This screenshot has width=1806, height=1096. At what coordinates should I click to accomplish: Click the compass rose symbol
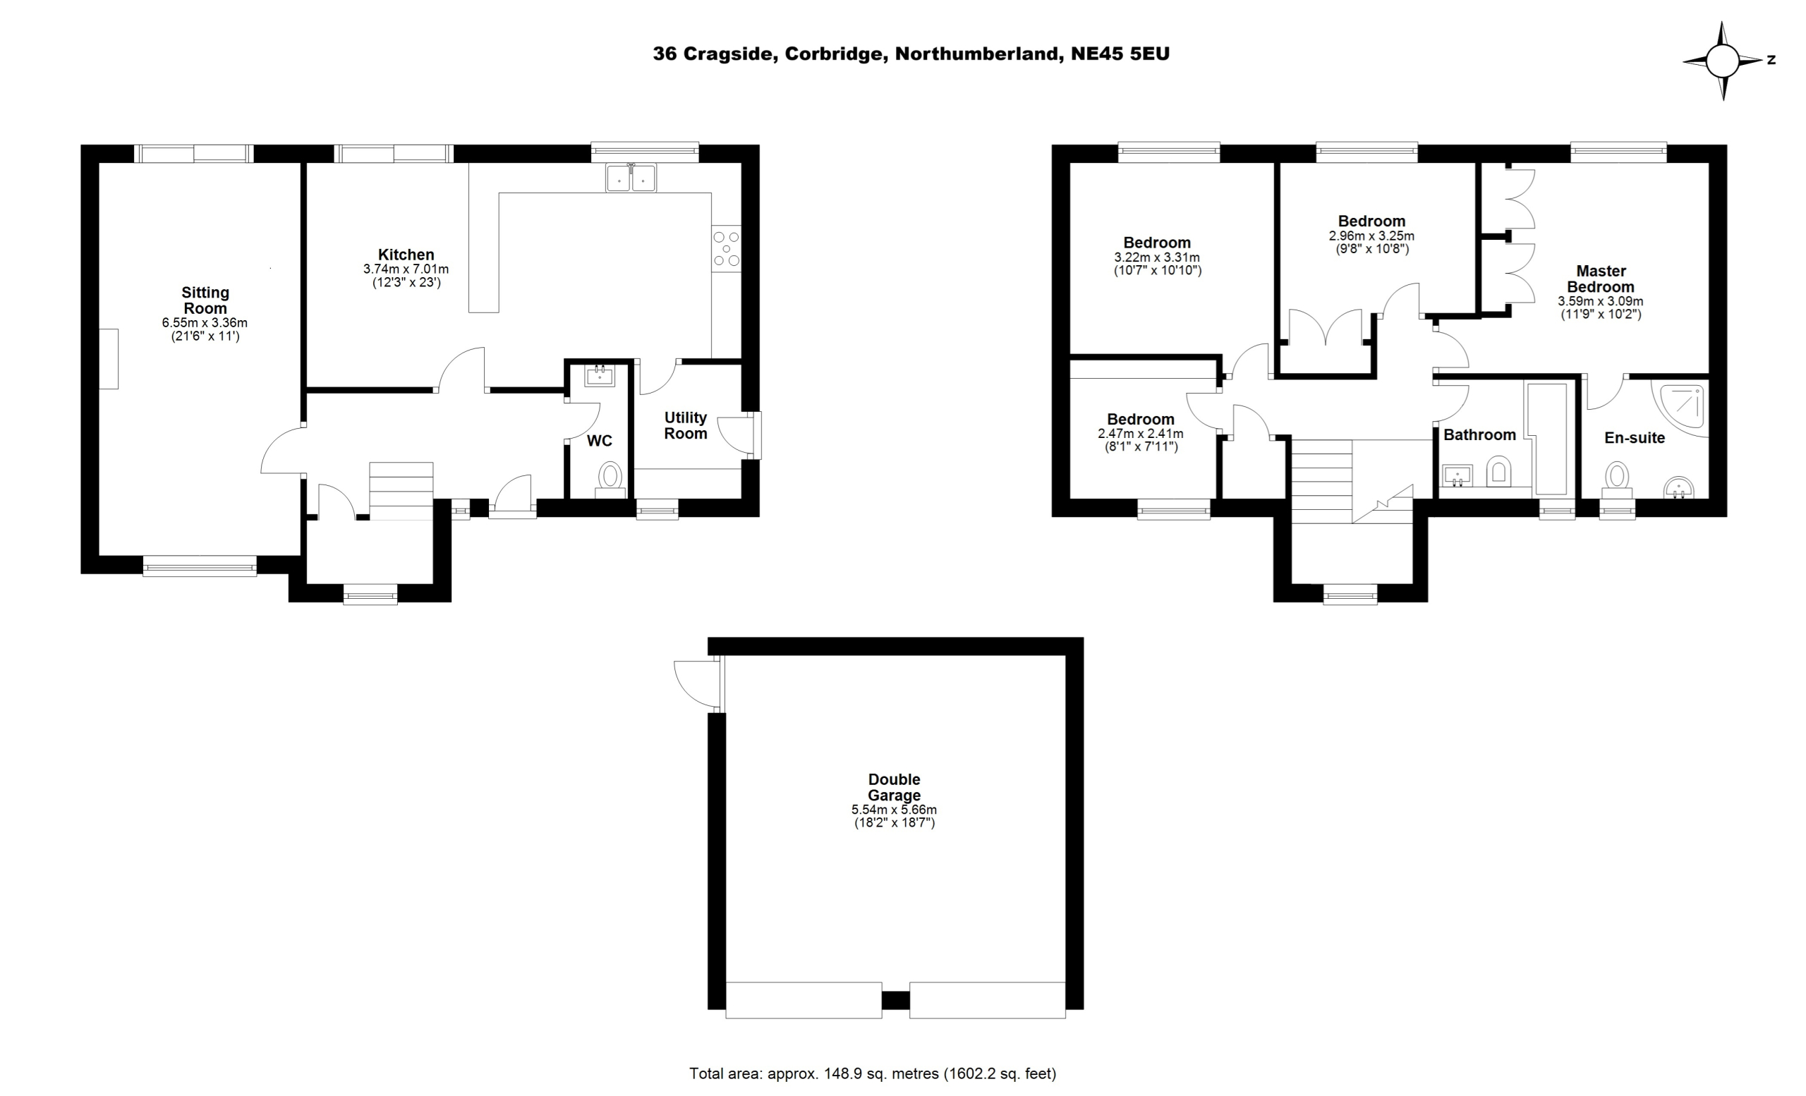(x=1723, y=61)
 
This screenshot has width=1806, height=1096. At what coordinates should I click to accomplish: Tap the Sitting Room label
(x=205, y=300)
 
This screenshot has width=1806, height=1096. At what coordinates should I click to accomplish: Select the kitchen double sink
(x=631, y=178)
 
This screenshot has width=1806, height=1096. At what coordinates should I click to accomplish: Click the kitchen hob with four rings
(x=727, y=248)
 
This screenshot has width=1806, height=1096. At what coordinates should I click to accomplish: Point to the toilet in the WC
(x=610, y=478)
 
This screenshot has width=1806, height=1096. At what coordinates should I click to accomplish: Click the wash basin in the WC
(x=600, y=376)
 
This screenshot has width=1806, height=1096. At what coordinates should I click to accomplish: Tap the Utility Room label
(x=685, y=426)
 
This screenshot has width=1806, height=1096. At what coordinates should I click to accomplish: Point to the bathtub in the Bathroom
(x=1547, y=438)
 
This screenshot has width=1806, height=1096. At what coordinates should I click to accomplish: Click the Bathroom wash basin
(x=1457, y=476)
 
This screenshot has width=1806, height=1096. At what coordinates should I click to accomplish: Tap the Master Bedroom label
(x=1601, y=279)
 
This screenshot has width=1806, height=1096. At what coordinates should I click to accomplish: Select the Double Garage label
(x=895, y=788)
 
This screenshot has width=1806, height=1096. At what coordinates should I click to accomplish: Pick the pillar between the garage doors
(x=896, y=1000)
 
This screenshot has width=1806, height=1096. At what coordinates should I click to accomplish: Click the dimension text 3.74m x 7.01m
(x=406, y=269)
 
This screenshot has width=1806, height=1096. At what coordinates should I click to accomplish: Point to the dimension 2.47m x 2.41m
(x=1141, y=434)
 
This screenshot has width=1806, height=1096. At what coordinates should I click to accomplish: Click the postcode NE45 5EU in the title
(x=1120, y=54)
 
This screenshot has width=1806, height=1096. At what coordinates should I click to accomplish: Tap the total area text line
(x=873, y=1074)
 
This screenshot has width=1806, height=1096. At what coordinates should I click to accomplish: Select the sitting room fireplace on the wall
(x=109, y=359)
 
